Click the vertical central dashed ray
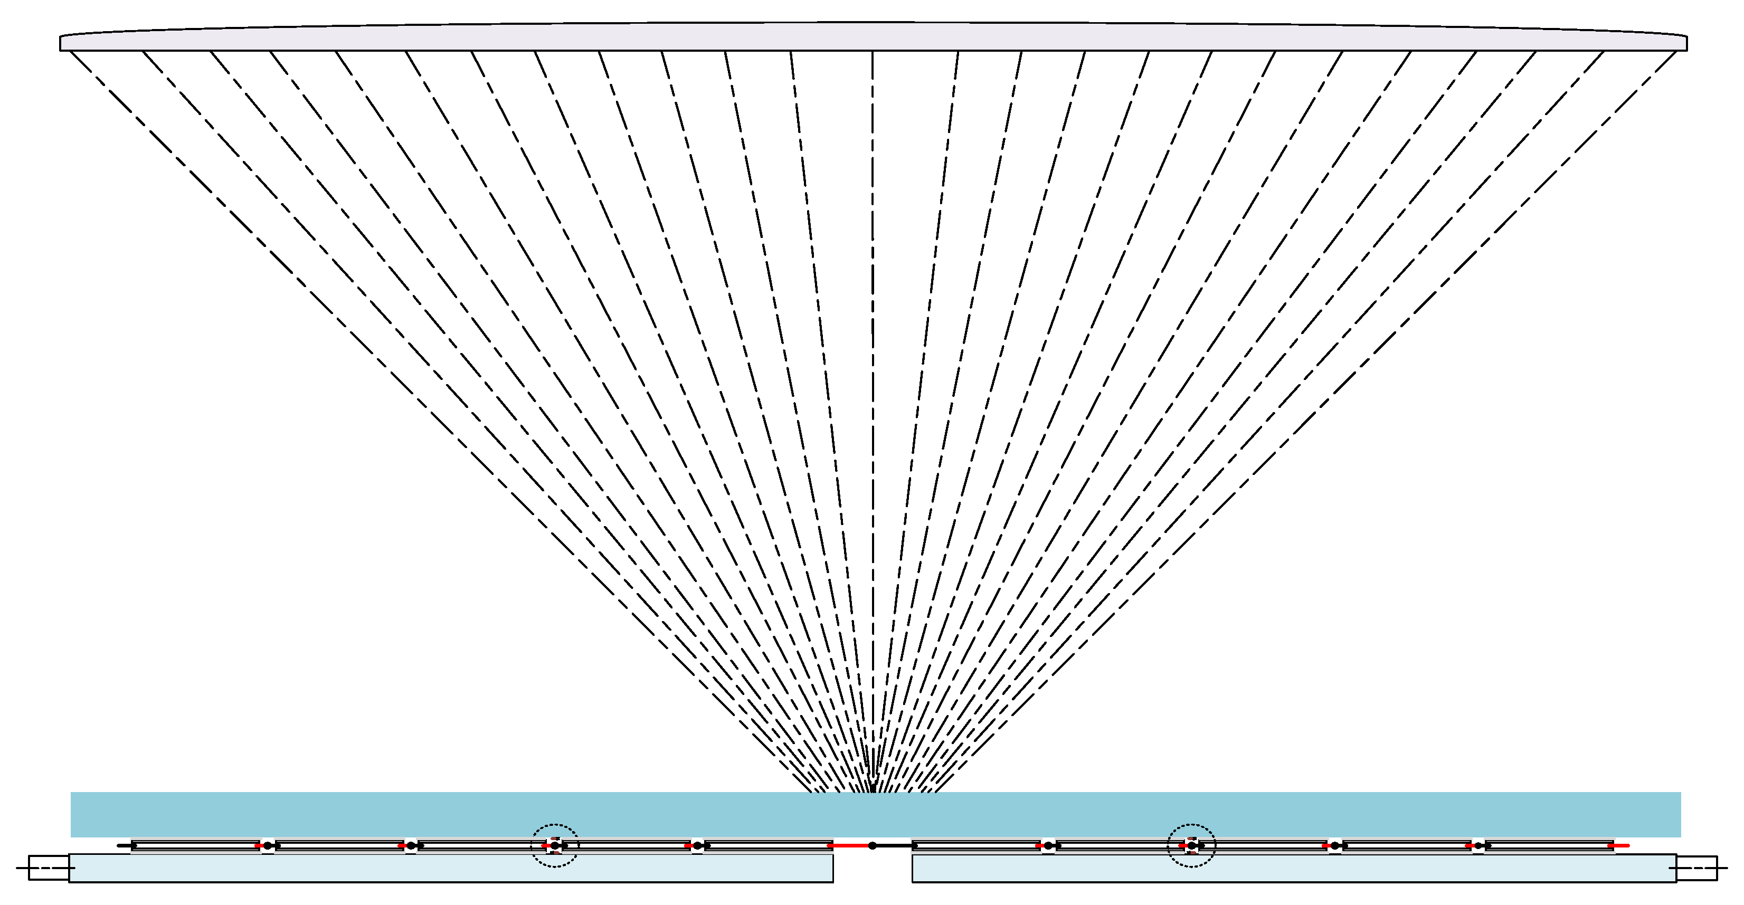pos(872,406)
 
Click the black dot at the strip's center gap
pos(872,845)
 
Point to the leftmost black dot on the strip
pos(268,845)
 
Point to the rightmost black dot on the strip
pos(1478,845)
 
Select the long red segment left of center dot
pos(850,845)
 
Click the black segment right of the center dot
pos(894,845)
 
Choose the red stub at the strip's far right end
pos(1622,845)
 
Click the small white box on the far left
pos(49,868)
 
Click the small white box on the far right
pos(1696,868)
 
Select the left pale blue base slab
pos(450,869)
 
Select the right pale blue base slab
pos(1293,869)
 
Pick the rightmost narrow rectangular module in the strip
pos(1549,845)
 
